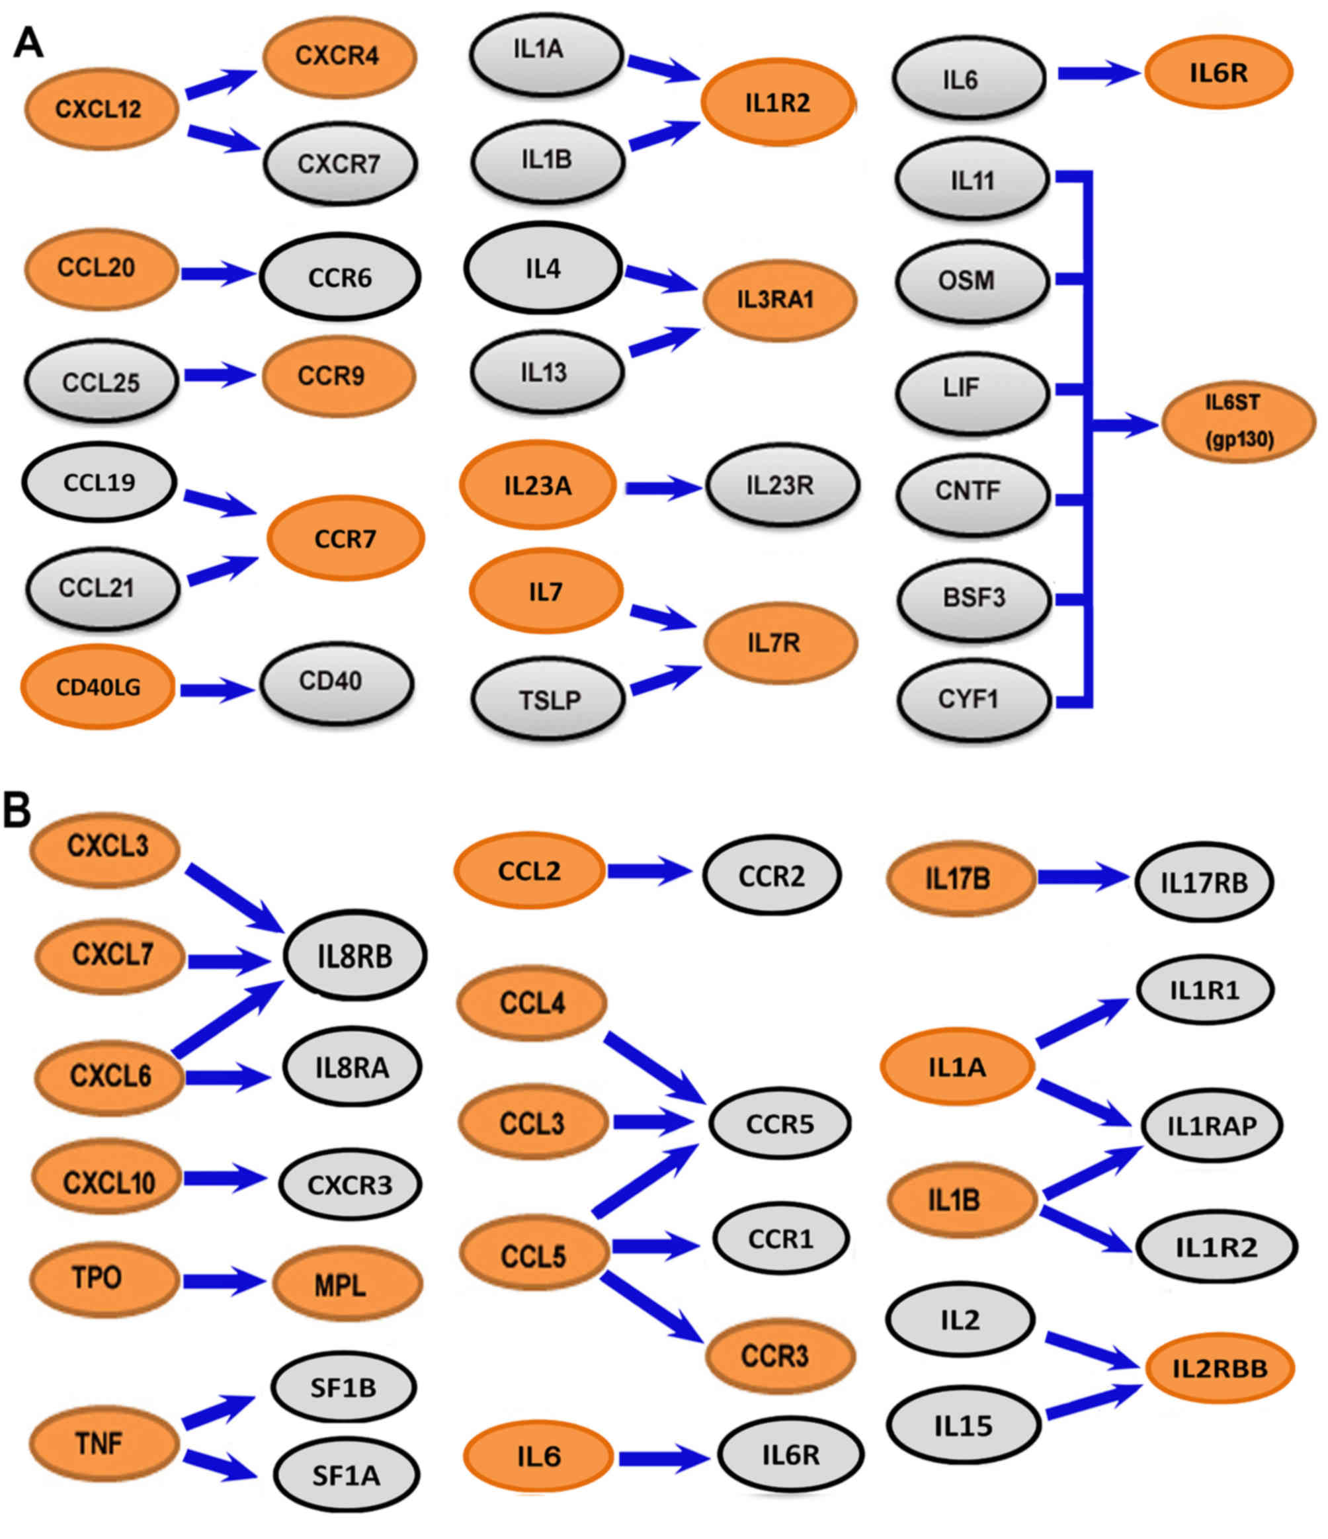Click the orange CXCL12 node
(101, 109)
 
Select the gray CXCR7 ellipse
(339, 163)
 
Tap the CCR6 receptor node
(339, 277)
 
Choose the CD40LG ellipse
(98, 687)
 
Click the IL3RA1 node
(778, 300)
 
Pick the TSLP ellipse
(548, 699)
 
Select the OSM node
(971, 281)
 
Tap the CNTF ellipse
(972, 491)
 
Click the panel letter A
(28, 43)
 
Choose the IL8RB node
(354, 956)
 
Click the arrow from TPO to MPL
(224, 1281)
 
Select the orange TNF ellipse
(104, 1443)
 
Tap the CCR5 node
(779, 1124)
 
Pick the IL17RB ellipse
(1203, 882)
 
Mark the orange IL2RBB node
(1219, 1368)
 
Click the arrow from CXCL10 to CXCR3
(224, 1178)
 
